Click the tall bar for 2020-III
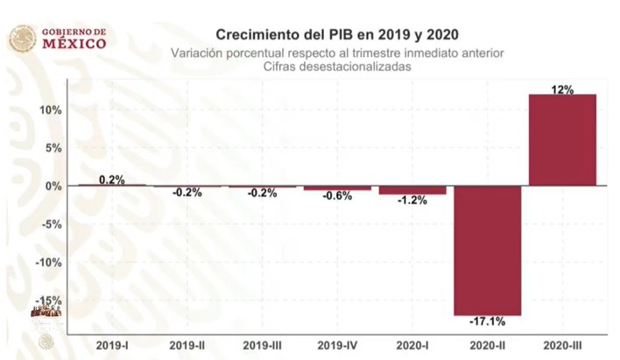563,139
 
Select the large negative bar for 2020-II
488,250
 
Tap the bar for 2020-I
412,190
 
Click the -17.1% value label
488,322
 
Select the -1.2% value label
412,201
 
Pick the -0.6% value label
337,196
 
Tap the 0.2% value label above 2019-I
112,180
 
